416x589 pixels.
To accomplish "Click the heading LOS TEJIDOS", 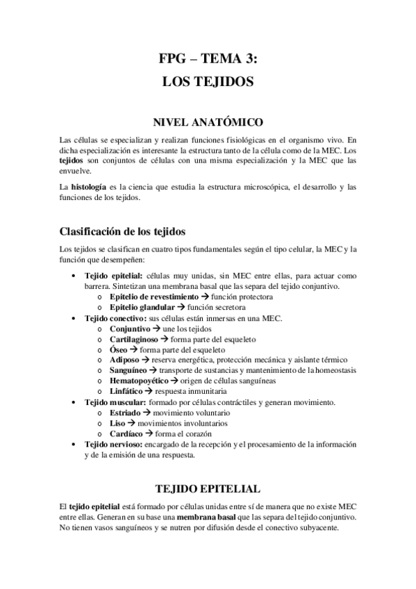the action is click(208, 81).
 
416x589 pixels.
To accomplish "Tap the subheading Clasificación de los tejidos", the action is click(122, 231).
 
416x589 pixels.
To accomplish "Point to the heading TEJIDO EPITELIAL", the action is click(208, 488).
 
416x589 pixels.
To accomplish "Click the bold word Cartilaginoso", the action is click(135, 339).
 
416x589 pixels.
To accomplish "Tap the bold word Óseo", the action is click(119, 349).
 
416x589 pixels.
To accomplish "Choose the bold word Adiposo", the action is click(125, 360).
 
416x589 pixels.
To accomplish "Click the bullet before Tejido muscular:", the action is click(74, 402).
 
